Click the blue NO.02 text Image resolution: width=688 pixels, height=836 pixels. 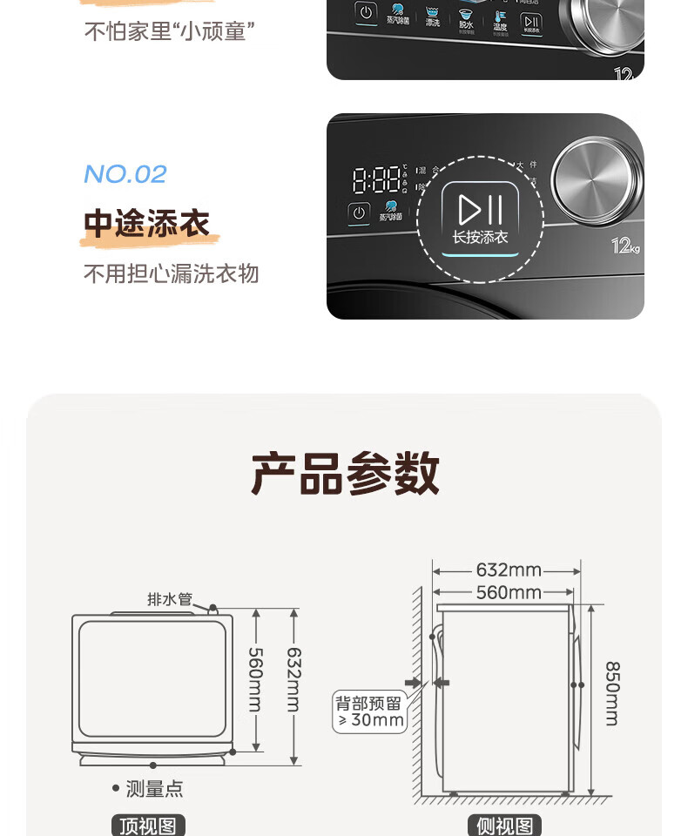tap(125, 174)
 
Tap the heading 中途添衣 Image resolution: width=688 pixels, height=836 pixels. tap(146, 224)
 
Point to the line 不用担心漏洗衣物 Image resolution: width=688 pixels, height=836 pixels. tap(171, 274)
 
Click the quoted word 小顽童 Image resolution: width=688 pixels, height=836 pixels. tap(213, 32)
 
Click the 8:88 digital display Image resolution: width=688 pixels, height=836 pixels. tap(376, 179)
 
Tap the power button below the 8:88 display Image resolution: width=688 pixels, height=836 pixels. tap(359, 212)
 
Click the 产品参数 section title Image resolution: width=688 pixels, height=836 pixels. tap(345, 475)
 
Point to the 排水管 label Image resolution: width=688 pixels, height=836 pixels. tap(169, 599)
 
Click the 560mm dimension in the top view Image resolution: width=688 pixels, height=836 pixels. tap(254, 679)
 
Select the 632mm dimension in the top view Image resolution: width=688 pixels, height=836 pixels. tap(293, 679)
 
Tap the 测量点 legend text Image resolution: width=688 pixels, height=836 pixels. tap(153, 789)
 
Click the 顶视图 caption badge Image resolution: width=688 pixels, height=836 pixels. tap(148, 826)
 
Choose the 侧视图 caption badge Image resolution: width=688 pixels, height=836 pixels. tap(505, 826)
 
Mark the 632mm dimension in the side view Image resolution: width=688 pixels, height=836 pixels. tap(508, 571)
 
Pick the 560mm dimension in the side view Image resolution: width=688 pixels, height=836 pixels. tap(508, 593)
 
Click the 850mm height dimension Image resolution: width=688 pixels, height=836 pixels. tap(611, 693)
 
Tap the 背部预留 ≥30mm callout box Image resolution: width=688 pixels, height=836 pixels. tap(370, 711)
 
